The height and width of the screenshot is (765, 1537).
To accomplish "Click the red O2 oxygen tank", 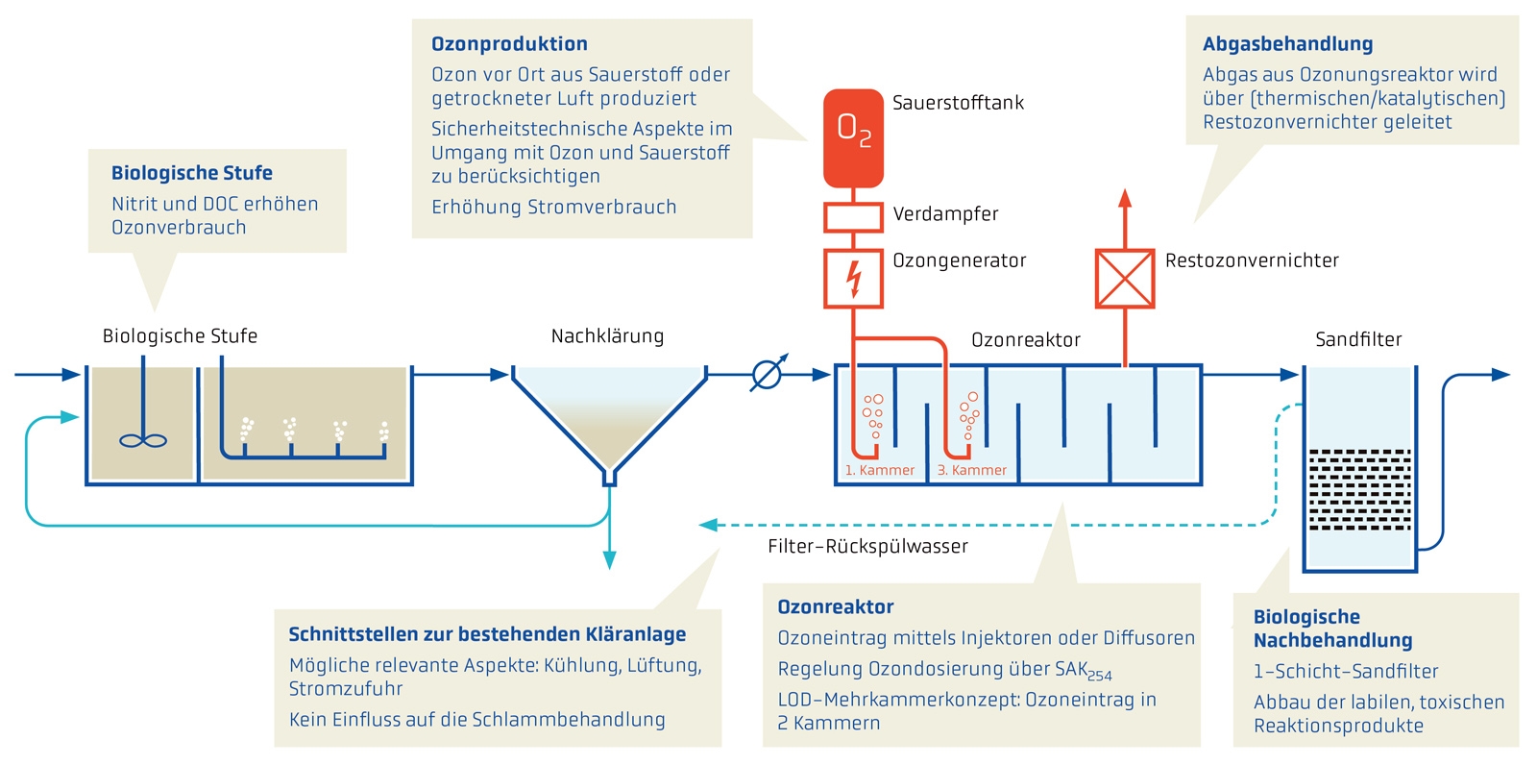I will point(853,137).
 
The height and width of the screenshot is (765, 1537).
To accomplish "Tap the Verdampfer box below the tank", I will point(853,217).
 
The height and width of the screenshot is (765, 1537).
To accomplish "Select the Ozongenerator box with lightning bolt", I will point(853,279).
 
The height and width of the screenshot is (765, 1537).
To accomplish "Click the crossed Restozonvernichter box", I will point(1125,279).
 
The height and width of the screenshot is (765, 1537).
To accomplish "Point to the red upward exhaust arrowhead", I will point(1125,198).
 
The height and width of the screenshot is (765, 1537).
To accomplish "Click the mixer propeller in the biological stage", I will point(143,441).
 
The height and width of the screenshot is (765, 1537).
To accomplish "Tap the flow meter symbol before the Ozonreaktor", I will point(767,374).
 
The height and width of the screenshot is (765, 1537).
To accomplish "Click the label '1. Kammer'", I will point(880,470).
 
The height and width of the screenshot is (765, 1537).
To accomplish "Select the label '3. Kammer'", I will point(972,470).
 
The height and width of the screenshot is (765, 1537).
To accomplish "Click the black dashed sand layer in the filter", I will point(1359,489).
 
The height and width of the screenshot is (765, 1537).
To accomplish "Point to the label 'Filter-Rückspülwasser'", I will point(867,547).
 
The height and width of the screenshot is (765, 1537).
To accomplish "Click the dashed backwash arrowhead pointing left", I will point(709,525).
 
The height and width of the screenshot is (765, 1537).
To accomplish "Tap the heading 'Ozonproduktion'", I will point(509,44).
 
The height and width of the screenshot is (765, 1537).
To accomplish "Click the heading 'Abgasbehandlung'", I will point(1287,44).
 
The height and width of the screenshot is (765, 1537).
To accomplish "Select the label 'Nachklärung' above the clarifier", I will point(607,336).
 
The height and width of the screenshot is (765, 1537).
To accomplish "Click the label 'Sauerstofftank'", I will point(958,103).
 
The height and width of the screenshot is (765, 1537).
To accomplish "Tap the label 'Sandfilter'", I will point(1358,339).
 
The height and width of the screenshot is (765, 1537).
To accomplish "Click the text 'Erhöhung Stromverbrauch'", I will point(553,208).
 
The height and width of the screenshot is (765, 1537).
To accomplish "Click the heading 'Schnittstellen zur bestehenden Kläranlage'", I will point(487,634).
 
